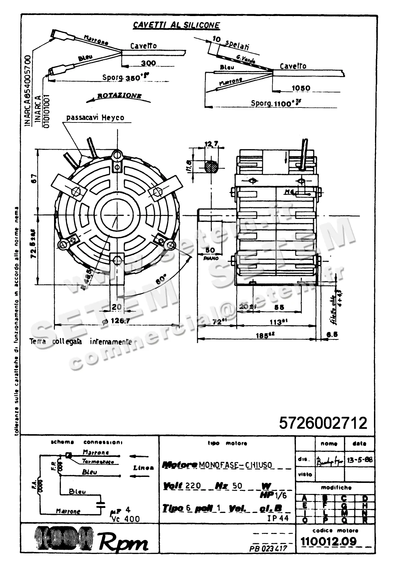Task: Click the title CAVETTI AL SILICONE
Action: point(176,25)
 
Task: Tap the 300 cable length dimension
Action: point(148,63)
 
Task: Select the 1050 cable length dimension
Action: point(301,88)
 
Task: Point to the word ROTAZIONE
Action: point(119,96)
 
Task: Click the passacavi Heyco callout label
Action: point(95,117)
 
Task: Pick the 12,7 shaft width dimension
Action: point(211,144)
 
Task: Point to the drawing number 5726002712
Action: point(323,423)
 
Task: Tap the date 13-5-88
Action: point(359,460)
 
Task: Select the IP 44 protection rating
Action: point(278,518)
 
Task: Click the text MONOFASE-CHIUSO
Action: point(235,465)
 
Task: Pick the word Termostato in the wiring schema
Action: point(98,462)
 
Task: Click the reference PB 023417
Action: point(268,548)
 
